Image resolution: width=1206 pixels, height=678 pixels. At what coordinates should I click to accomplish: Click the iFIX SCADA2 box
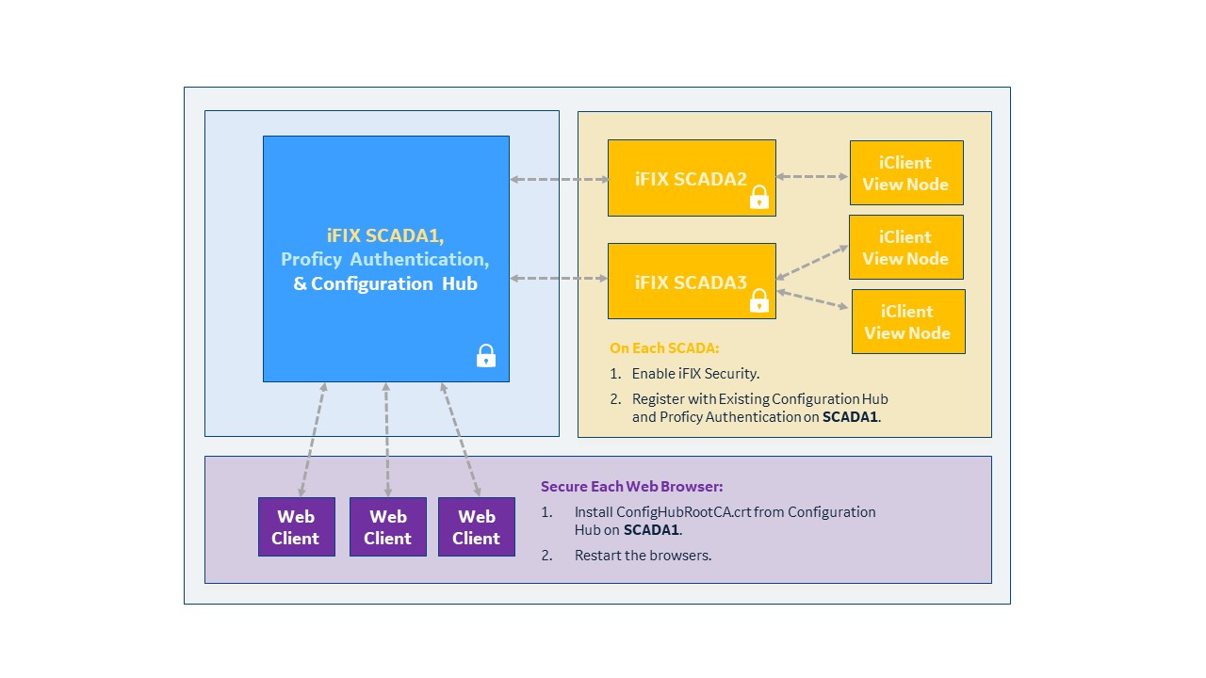pos(692,178)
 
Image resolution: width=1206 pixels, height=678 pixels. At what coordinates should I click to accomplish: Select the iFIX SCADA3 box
pos(692,281)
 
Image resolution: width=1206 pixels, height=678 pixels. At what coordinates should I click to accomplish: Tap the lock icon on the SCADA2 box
pos(759,197)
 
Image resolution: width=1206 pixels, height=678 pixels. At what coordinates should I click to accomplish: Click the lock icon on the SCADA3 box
pos(759,300)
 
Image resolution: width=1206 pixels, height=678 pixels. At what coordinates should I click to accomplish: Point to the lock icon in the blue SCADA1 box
pos(485,356)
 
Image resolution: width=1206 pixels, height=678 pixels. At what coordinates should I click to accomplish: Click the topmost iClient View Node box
pos(906,172)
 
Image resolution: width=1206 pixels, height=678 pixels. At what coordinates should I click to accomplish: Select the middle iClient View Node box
pos(906,247)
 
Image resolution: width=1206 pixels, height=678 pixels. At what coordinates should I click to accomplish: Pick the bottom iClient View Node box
pos(908,321)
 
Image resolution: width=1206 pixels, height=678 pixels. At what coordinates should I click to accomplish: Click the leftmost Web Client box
pos(297,526)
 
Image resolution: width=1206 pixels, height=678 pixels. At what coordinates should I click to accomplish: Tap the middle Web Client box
pos(388,526)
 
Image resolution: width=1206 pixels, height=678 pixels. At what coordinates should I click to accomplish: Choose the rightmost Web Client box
pos(477,526)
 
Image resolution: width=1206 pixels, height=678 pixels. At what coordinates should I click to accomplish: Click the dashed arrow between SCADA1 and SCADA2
pos(559,179)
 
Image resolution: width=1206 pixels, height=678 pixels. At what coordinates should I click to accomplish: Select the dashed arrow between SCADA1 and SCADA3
pos(559,278)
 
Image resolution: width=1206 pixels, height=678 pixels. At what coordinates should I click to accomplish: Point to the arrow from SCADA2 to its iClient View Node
pos(813,176)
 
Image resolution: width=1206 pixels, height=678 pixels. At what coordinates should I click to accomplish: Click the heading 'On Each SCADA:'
pos(664,348)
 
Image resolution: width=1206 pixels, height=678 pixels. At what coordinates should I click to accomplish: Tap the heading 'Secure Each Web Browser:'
pos(631,487)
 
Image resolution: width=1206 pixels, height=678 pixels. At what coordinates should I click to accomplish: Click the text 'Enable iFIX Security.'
pos(695,374)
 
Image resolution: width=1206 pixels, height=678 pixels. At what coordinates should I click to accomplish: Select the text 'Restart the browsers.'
pos(643,556)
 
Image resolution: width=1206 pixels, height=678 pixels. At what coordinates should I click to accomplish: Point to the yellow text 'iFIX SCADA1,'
pos(385,235)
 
